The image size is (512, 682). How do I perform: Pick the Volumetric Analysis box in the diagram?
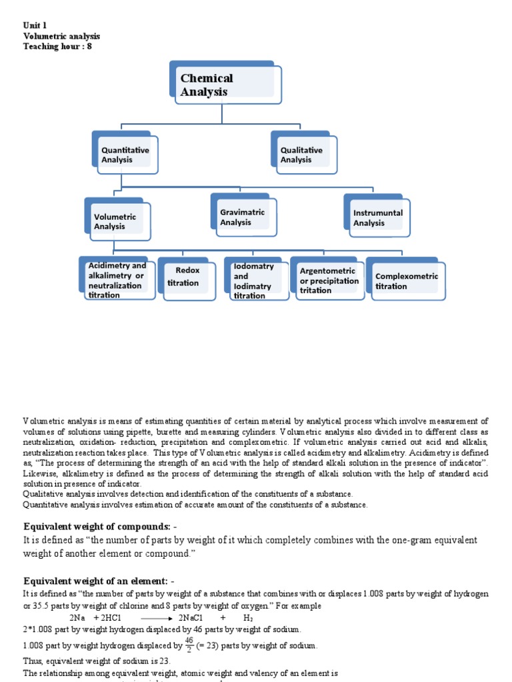click(118, 221)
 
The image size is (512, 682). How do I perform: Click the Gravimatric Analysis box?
click(245, 217)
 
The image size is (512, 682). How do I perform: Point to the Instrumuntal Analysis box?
click(378, 218)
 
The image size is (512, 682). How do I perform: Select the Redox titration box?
click(184, 277)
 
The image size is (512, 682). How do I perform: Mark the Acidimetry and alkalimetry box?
click(117, 280)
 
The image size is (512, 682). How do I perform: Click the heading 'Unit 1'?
click(35, 25)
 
